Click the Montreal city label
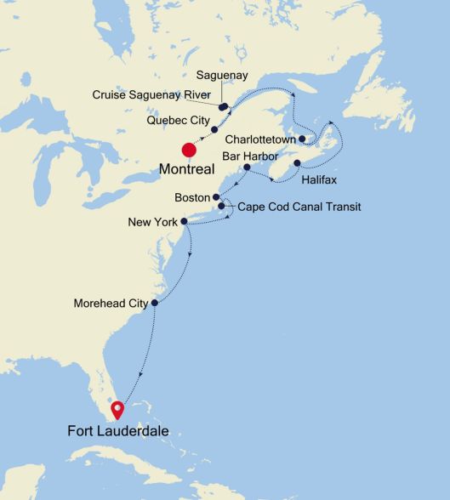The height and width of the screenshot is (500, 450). pyautogui.click(x=186, y=169)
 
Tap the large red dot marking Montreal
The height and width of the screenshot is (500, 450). pyautogui.click(x=189, y=151)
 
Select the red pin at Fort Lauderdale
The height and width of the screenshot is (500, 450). pyautogui.click(x=117, y=410)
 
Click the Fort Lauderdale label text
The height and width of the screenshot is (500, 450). pyautogui.click(x=118, y=432)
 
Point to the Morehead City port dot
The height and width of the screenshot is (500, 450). pyautogui.click(x=155, y=303)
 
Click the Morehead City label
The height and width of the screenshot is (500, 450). pyautogui.click(x=111, y=303)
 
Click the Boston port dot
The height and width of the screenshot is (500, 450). pyautogui.click(x=216, y=197)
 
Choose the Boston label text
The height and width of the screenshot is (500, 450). pyautogui.click(x=191, y=197)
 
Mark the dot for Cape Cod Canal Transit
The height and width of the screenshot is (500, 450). pyautogui.click(x=222, y=206)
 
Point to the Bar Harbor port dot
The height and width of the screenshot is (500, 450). pyautogui.click(x=247, y=168)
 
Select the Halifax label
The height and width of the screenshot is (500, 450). pyautogui.click(x=318, y=181)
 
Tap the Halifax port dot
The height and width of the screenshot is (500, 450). pyautogui.click(x=297, y=163)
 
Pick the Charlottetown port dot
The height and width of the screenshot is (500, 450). pyautogui.click(x=303, y=138)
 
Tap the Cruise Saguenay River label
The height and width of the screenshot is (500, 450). pyautogui.click(x=151, y=94)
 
